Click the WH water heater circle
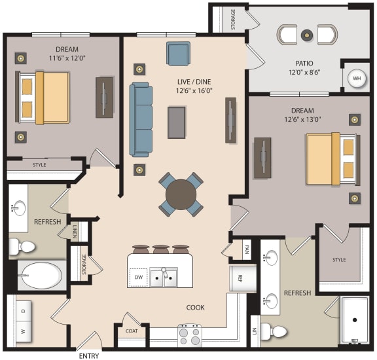coord(357,78)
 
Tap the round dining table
coord(181,194)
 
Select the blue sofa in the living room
coord(141,119)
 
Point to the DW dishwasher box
coord(138,277)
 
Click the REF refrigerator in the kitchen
coord(239,277)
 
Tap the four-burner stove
coord(190,335)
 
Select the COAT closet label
coord(132,331)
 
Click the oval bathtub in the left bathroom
coord(41,275)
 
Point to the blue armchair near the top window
coord(178,52)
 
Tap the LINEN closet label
coord(75,230)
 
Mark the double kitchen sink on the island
coord(163,278)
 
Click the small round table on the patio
coord(306,33)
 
